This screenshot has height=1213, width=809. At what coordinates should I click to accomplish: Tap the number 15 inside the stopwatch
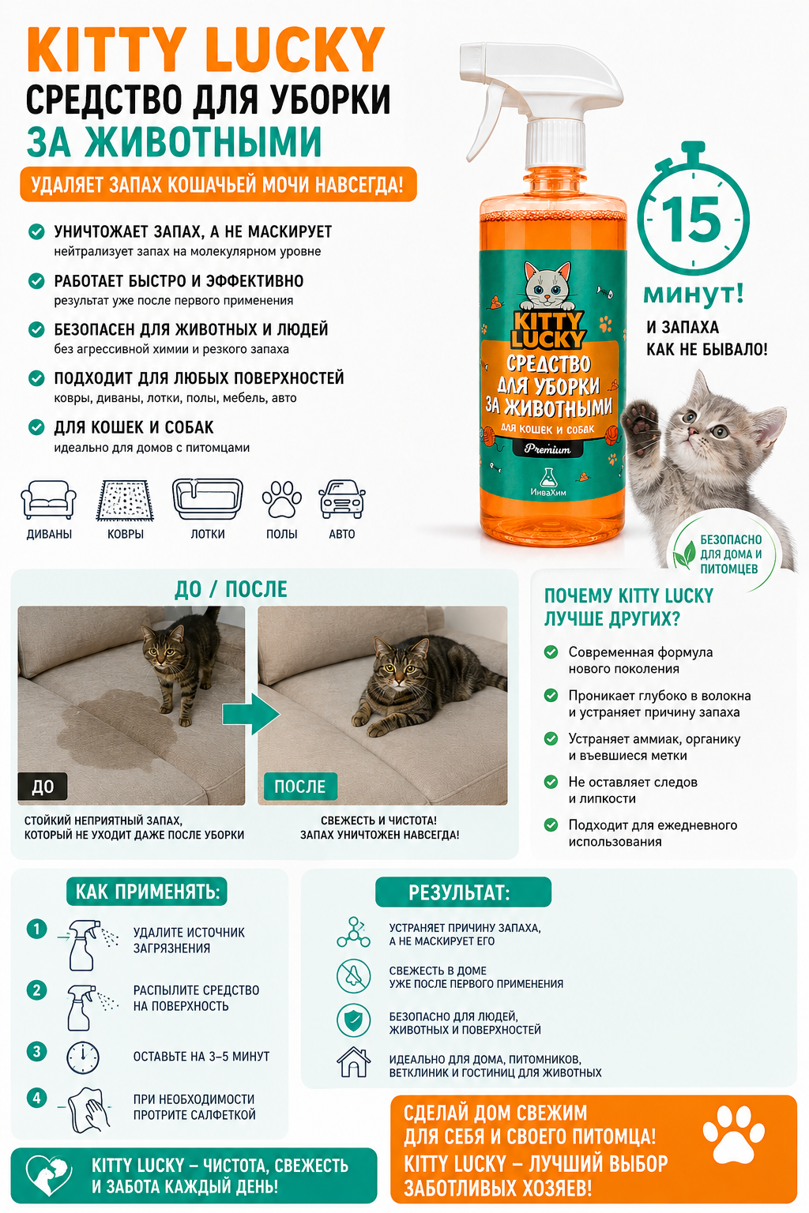click(692, 220)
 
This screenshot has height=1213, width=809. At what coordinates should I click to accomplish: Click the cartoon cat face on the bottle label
click(547, 287)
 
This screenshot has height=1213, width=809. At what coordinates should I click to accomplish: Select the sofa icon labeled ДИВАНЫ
click(49, 499)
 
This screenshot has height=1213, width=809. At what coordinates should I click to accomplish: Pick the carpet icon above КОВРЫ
click(125, 500)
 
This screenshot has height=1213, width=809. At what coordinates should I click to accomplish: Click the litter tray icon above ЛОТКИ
click(208, 499)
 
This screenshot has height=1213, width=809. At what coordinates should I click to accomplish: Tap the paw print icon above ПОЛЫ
click(282, 499)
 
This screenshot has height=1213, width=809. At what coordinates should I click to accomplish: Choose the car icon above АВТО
click(342, 499)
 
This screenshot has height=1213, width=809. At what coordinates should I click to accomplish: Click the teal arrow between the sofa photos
click(251, 714)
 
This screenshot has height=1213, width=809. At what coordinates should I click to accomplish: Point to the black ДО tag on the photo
click(43, 787)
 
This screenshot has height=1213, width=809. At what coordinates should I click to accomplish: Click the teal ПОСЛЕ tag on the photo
click(300, 787)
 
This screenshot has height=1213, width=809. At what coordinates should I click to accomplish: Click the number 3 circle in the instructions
click(37, 1052)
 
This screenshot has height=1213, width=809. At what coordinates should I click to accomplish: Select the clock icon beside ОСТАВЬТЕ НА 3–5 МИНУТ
click(83, 1057)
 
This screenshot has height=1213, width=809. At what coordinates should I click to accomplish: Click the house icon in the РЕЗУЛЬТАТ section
click(354, 1062)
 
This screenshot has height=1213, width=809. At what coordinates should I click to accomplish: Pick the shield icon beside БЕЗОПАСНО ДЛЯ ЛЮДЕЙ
click(354, 1020)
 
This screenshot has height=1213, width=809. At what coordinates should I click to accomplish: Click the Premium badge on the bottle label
click(547, 449)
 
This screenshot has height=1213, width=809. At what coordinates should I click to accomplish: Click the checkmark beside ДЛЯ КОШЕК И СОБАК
click(36, 427)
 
